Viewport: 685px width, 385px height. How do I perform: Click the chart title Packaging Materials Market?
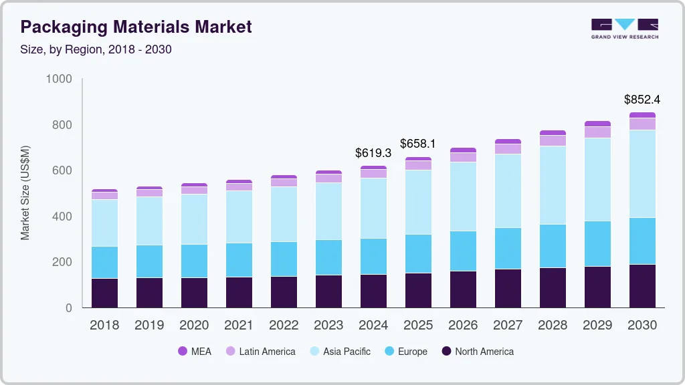tap(136, 27)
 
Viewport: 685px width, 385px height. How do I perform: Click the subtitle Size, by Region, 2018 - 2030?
tap(96, 49)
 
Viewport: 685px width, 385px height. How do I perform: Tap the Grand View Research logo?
tap(624, 28)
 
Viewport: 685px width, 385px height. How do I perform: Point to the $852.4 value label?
tap(642, 100)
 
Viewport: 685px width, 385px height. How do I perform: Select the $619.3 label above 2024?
tap(373, 153)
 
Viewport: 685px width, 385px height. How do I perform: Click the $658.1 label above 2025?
tap(418, 144)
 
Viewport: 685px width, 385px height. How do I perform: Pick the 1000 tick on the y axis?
tap(58, 79)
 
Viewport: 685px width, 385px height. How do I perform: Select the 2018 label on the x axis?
tap(104, 326)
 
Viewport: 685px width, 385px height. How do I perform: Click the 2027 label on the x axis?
tap(508, 326)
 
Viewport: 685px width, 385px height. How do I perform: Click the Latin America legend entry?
tap(259, 351)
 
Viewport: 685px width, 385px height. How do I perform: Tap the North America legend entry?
tap(476, 351)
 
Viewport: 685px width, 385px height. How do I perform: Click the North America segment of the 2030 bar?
tap(642, 286)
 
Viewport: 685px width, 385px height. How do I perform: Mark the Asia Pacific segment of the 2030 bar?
tap(642, 174)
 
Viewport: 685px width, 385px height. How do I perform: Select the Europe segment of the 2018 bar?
tap(104, 262)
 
